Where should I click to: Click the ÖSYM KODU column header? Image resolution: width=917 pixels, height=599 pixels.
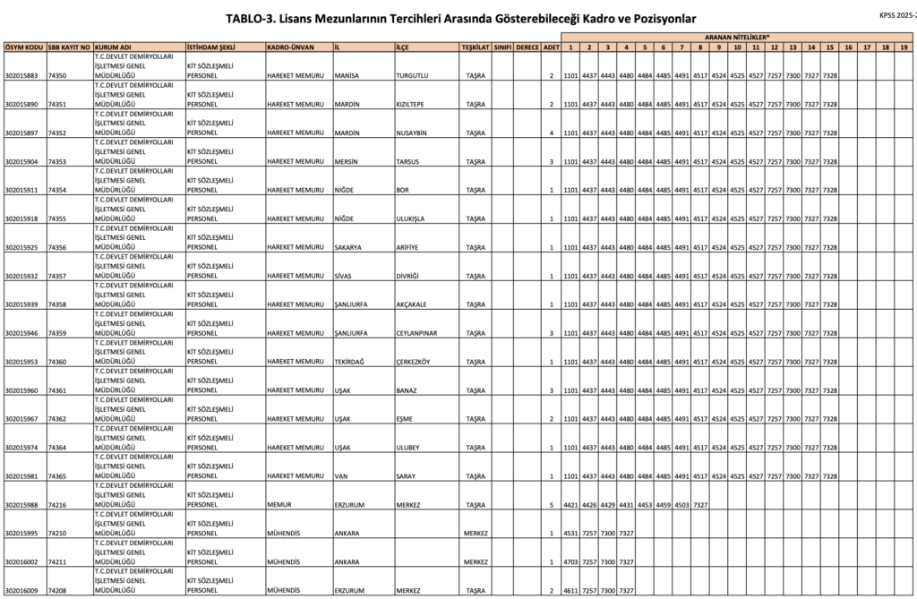pos(23,46)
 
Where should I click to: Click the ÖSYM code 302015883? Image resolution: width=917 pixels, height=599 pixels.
pos(21,76)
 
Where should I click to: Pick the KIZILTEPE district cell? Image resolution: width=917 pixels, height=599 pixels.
pos(414,105)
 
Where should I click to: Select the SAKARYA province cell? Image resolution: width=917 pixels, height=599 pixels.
pos(347,247)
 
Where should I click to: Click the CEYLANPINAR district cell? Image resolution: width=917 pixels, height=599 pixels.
pos(420,333)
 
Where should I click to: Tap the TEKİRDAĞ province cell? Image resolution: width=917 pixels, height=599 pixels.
pos(349,362)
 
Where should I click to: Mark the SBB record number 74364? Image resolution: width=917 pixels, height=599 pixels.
pos(58,448)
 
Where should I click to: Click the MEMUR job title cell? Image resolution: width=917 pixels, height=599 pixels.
pos(279,505)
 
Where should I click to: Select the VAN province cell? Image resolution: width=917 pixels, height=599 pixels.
pos(339,476)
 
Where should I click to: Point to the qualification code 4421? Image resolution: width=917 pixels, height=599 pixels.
pos(570,505)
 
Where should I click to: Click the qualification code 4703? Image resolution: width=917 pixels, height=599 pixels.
pos(570,562)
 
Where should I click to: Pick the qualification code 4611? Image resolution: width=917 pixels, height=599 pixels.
pos(570,591)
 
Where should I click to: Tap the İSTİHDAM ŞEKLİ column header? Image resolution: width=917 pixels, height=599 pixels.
pos(210,46)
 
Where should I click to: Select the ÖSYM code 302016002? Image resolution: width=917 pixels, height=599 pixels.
pos(21,562)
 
